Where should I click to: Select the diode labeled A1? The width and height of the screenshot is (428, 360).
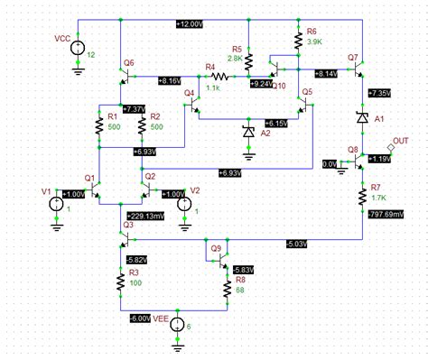pyautogui.click(x=361, y=117)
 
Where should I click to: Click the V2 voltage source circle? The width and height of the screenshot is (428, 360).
pyautogui.click(x=184, y=203)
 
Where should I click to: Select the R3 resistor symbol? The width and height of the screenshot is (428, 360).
pyautogui.click(x=119, y=282)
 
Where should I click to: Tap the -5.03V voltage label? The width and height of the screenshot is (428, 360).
pyautogui.click(x=294, y=243)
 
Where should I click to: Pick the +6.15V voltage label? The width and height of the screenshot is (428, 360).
pyautogui.click(x=278, y=122)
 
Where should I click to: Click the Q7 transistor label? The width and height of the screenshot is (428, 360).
pyautogui.click(x=353, y=58)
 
